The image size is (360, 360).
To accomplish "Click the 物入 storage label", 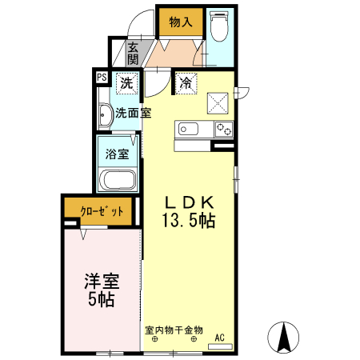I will (181, 22).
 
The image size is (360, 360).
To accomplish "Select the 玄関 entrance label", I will (133, 54).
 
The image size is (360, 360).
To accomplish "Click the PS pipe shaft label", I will (102, 78).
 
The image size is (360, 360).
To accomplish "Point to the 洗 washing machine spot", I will (126, 82).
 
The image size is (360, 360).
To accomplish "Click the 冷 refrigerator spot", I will (185, 82).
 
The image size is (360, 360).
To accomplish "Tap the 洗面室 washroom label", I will (133, 113).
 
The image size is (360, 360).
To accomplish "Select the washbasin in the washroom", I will (105, 117).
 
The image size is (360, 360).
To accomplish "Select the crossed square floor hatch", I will (218, 102).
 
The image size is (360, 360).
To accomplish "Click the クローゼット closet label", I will (102, 212).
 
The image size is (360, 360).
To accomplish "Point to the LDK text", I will (190, 202).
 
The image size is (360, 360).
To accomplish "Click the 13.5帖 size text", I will (190, 222).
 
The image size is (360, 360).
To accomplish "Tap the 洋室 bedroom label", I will (102, 282).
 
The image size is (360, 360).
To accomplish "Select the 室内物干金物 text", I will (174, 329).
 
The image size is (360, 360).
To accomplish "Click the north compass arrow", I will (283, 336).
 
